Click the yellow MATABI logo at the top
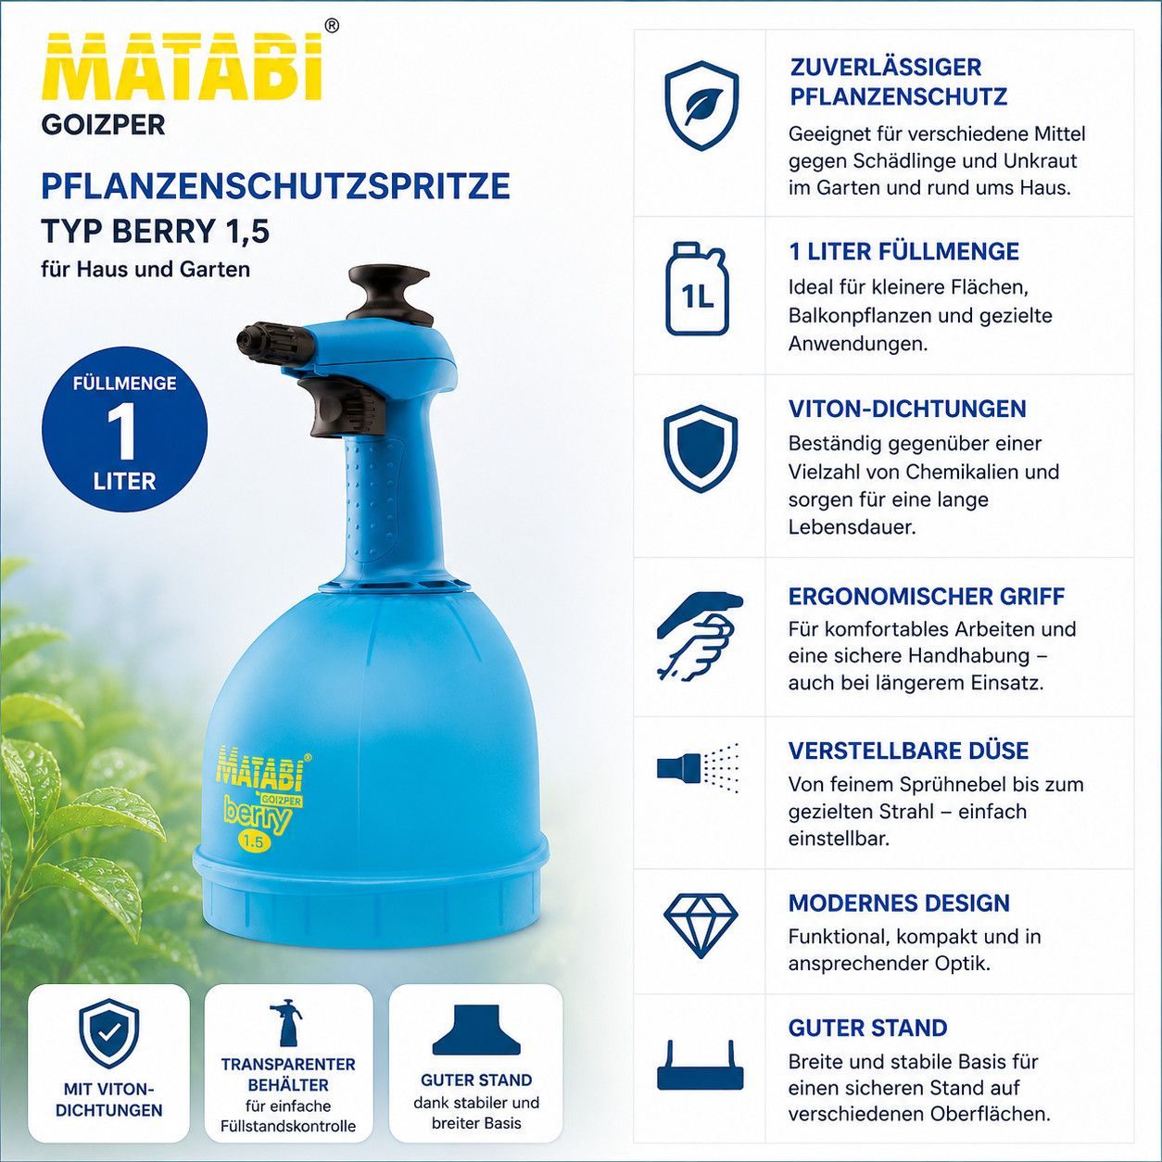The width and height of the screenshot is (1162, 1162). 183,68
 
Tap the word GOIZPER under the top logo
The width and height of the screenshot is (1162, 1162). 103,125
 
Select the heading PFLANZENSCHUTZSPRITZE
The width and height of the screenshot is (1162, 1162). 275,185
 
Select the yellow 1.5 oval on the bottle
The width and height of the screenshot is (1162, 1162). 254,841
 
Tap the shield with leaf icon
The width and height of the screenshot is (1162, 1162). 701,106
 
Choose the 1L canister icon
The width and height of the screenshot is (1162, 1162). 698,288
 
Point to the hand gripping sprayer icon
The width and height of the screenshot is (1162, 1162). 700,636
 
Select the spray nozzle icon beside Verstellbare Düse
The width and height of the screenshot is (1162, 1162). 699,768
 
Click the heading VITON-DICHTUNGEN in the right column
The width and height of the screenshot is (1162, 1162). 907,409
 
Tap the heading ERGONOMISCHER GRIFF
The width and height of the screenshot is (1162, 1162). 927,597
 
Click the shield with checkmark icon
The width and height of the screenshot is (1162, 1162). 109,1033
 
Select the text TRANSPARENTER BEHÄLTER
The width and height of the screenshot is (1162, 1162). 288,1075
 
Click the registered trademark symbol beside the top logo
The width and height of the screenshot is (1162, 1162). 332,25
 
